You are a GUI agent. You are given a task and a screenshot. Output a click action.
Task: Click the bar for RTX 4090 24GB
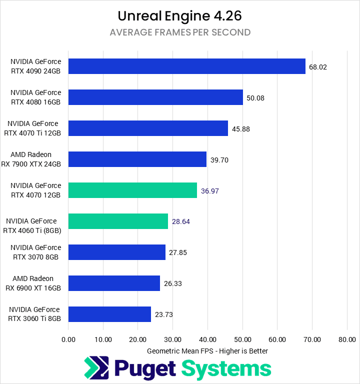pyautogui.click(x=186, y=66)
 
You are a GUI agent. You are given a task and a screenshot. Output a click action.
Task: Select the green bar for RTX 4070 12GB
pyautogui.click(x=132, y=190)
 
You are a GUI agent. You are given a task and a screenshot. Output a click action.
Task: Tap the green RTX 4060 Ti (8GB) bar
pyautogui.click(x=118, y=221)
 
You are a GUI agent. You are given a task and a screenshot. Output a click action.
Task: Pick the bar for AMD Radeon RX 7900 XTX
pyautogui.click(x=137, y=159)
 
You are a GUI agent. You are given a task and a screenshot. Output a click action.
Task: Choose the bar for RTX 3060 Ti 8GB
pyautogui.click(x=109, y=314)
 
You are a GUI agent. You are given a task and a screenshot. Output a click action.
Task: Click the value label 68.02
pyautogui.click(x=318, y=67)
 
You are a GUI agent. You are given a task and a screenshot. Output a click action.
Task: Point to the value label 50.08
pyautogui.click(x=255, y=98)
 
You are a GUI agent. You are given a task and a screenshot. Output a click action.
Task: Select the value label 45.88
pyautogui.click(x=241, y=129)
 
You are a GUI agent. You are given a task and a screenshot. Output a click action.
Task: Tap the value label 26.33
pyautogui.click(x=172, y=283)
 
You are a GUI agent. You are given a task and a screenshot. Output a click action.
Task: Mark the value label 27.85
pyautogui.click(x=178, y=252)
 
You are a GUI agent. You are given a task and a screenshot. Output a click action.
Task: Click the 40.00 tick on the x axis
pyautogui.click(x=207, y=339)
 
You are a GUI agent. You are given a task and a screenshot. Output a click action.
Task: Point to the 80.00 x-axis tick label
pyautogui.click(x=346, y=339)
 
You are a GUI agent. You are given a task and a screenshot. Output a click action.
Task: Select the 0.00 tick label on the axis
pyautogui.click(x=68, y=339)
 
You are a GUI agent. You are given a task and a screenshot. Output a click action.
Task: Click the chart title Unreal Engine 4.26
pyautogui.click(x=180, y=16)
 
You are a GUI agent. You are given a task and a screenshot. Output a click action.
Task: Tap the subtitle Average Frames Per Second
pyautogui.click(x=180, y=33)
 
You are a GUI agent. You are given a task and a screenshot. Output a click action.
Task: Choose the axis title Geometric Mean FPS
pyautogui.click(x=207, y=351)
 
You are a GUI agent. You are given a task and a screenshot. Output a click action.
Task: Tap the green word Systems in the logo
pyautogui.click(x=226, y=369)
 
